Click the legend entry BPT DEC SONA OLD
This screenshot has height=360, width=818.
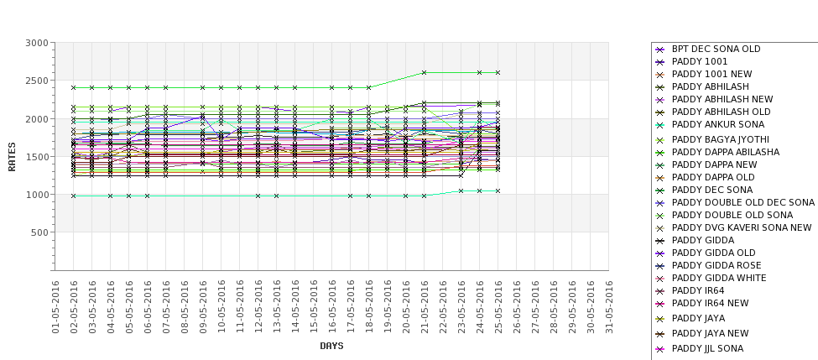click(x=716, y=49)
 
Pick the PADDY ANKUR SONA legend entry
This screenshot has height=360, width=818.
click(x=719, y=125)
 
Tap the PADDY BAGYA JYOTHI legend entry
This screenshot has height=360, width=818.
click(x=721, y=138)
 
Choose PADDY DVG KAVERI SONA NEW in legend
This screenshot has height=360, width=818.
click(x=742, y=227)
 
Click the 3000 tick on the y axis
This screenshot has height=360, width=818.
click(x=36, y=43)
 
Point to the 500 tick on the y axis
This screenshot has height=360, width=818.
click(x=39, y=232)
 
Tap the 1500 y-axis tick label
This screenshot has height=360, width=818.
click(x=36, y=157)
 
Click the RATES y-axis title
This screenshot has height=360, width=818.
click(x=13, y=156)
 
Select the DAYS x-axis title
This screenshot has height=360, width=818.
click(x=331, y=346)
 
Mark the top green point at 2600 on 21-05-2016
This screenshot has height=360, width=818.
click(x=425, y=72)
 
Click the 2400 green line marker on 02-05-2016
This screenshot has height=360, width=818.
click(x=74, y=87)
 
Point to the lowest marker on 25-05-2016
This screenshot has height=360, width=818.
click(x=498, y=190)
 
